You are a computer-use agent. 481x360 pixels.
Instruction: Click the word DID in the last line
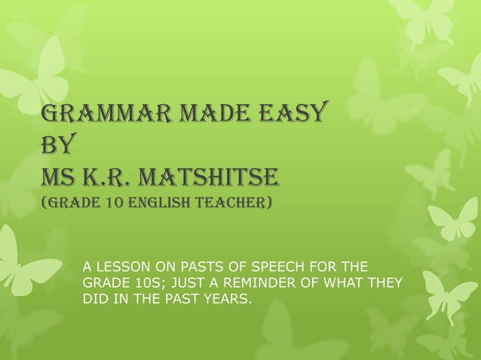tap(94, 301)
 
